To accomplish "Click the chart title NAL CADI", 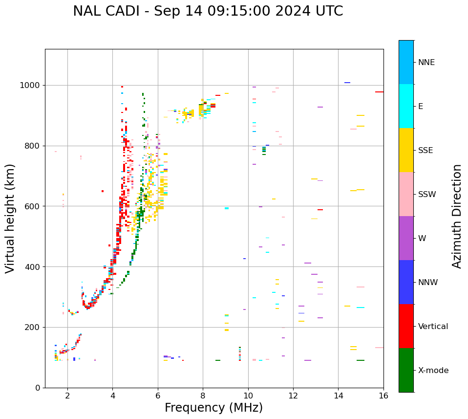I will click(208, 11).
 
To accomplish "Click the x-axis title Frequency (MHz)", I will click(213, 408).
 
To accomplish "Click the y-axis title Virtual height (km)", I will click(10, 218).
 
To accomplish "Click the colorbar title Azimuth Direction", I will click(457, 216).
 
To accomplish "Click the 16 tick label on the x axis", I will click(383, 396).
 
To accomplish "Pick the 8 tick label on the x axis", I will click(203, 396).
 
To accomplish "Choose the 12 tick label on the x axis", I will click(293, 396).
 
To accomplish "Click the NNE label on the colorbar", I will click(426, 63).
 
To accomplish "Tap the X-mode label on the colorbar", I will click(433, 371).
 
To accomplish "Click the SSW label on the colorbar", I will click(427, 195).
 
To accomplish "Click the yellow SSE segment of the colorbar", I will click(406, 150).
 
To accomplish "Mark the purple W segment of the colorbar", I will click(406, 238).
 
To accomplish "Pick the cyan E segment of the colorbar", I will click(406, 106).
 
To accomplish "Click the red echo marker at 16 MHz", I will click(379, 92).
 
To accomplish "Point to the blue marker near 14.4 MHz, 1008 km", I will click(347, 83).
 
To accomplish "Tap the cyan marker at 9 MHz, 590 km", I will click(227, 208).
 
